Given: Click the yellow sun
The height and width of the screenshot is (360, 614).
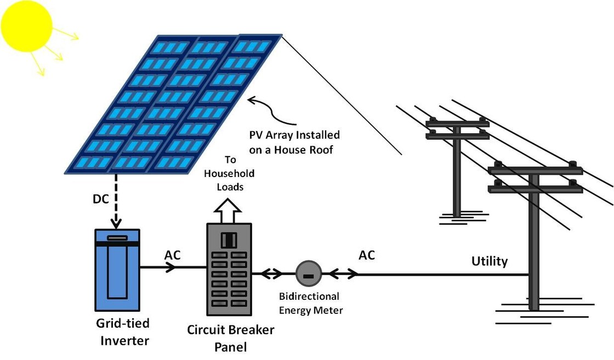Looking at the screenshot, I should tap(26, 25).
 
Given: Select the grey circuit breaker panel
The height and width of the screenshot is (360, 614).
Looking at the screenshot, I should tap(229, 269).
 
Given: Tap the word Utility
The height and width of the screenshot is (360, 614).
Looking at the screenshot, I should tap(490, 261).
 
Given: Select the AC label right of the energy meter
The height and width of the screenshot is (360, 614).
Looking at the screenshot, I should tap(367, 255).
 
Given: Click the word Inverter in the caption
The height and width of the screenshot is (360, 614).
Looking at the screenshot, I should tap(124, 340).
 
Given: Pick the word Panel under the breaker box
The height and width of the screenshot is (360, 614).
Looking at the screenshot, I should tap(230, 346).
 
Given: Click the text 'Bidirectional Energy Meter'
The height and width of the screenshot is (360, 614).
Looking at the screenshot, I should tap(310, 303).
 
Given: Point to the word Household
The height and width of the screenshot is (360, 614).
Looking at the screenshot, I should tap(229, 174).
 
